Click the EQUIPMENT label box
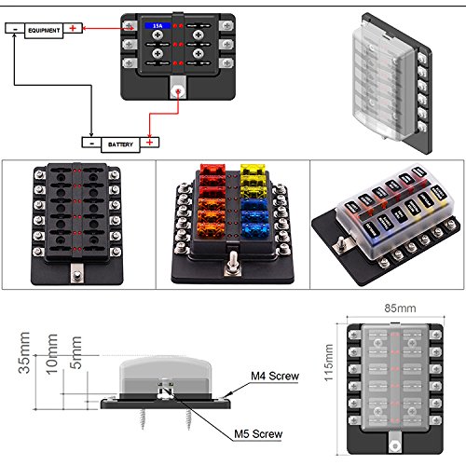pos(44,30)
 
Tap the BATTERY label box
pos(118,144)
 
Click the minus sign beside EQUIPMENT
pos(14,30)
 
